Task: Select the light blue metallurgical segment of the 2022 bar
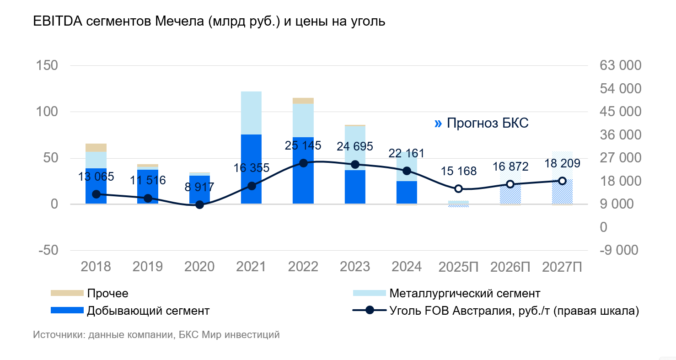[x=303, y=120]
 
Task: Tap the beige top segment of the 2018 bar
[x=96, y=147]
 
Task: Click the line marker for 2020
[x=199, y=205]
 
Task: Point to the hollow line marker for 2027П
[x=562, y=181]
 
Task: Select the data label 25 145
[x=303, y=146]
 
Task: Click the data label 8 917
[x=199, y=187]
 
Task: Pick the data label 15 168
[x=459, y=171]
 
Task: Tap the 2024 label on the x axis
[x=407, y=267]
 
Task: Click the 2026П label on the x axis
[x=510, y=267]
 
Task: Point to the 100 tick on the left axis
[x=48, y=112]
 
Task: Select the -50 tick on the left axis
[x=48, y=250]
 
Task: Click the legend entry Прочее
[x=107, y=293]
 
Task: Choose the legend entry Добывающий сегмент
[x=148, y=311]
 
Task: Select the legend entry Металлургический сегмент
[x=465, y=293]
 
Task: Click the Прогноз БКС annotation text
[x=487, y=123]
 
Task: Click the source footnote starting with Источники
[x=156, y=335]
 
